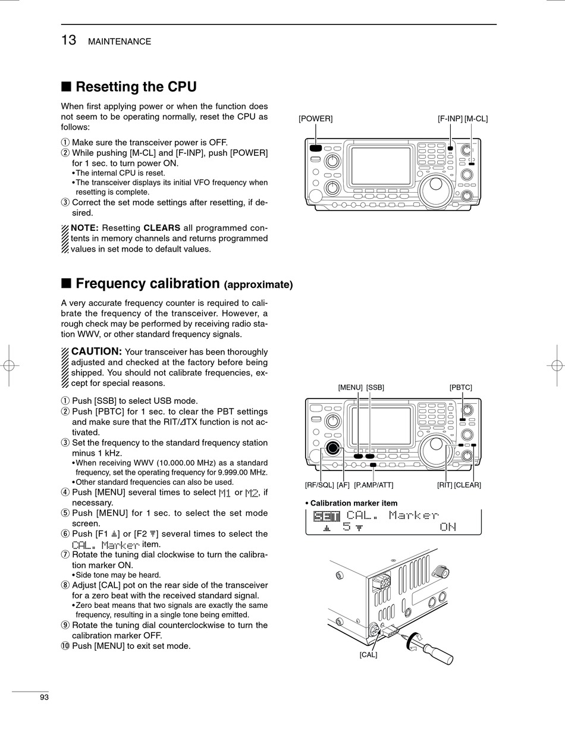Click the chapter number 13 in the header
coord(68,40)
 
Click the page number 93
coord(44,697)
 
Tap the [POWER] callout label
coord(315,118)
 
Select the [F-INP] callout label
coord(450,118)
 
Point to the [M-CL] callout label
coord(476,118)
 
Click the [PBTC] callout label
coord(460,387)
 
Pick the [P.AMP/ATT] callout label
coord(373,485)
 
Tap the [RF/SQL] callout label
coord(319,485)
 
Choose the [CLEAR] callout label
coord(467,485)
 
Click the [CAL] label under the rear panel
coord(368,654)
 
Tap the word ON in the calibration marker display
coord(448,527)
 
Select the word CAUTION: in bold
coord(96,352)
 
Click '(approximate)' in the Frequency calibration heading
coord(258,284)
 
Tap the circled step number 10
coord(65,646)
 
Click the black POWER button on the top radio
coord(315,149)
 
